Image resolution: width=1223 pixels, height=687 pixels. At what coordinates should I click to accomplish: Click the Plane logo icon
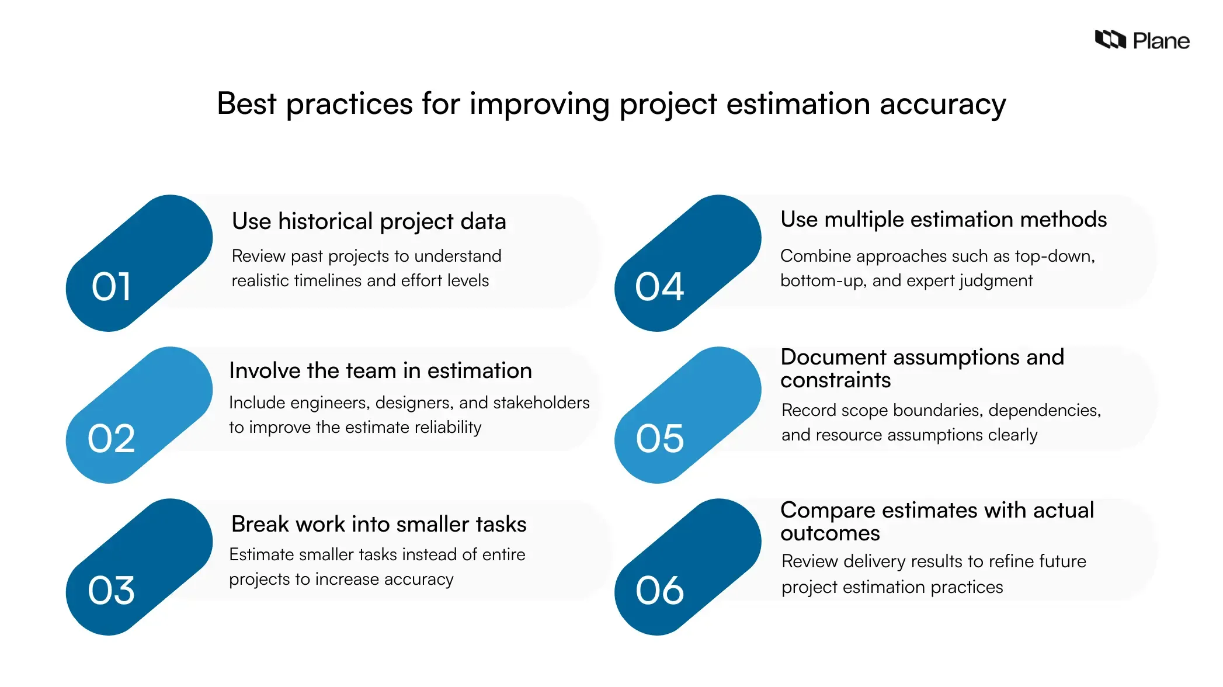pyautogui.click(x=1110, y=40)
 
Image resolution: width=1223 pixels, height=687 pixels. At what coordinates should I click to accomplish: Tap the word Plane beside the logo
pyautogui.click(x=1161, y=41)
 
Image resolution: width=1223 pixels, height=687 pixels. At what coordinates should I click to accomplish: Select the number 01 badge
pyautogui.click(x=111, y=287)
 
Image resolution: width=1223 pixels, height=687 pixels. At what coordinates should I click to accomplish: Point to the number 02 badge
pyautogui.click(x=111, y=439)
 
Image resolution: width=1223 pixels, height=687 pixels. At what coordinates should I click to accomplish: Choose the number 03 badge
pyautogui.click(x=111, y=591)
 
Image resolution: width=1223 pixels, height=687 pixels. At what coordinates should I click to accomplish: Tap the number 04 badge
pyautogui.click(x=659, y=287)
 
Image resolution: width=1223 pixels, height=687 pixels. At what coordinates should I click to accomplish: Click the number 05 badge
pyautogui.click(x=659, y=439)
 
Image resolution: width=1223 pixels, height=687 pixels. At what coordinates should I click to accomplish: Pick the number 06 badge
pyautogui.click(x=659, y=591)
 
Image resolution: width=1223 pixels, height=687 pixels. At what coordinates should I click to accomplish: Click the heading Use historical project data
pyautogui.click(x=369, y=222)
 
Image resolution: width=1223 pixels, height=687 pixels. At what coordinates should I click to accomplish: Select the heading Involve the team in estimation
pyautogui.click(x=380, y=371)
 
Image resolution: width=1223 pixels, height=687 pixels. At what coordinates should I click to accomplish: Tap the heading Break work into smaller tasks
pyautogui.click(x=378, y=525)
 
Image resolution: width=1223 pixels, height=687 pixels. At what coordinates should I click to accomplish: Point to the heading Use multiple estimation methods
pyautogui.click(x=943, y=220)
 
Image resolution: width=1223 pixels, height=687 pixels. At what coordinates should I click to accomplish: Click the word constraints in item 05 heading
pyautogui.click(x=835, y=381)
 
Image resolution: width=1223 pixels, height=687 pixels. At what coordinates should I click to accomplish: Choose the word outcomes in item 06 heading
pyautogui.click(x=830, y=534)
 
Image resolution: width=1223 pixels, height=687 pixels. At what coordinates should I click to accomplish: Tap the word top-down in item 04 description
pyautogui.click(x=1054, y=256)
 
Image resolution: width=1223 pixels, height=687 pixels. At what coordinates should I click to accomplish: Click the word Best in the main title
pyautogui.click(x=246, y=104)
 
